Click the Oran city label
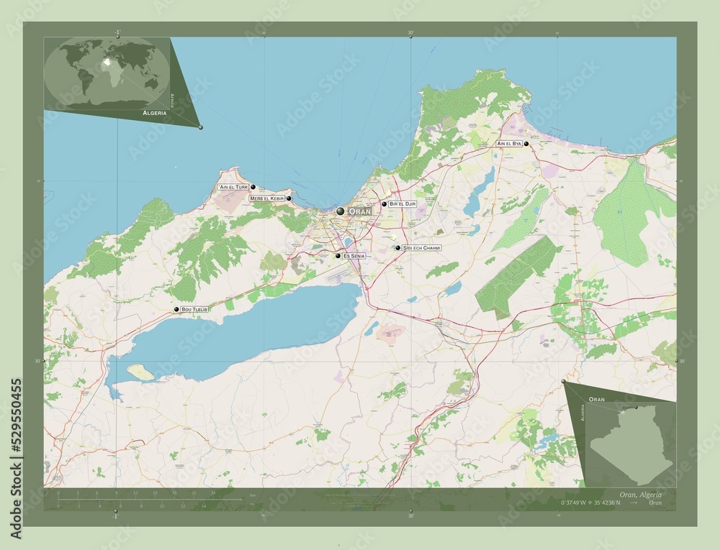360,211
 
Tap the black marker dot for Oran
341,211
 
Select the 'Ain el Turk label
233,187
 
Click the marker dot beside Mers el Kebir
289,198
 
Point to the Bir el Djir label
402,204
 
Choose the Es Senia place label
354,256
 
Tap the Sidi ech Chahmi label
421,247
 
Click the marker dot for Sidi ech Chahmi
397,248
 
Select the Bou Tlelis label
195,309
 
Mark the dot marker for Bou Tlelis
176,310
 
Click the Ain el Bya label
508,144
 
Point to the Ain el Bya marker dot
526,144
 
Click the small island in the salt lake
140,372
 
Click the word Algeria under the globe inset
155,114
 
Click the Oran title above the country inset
597,398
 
